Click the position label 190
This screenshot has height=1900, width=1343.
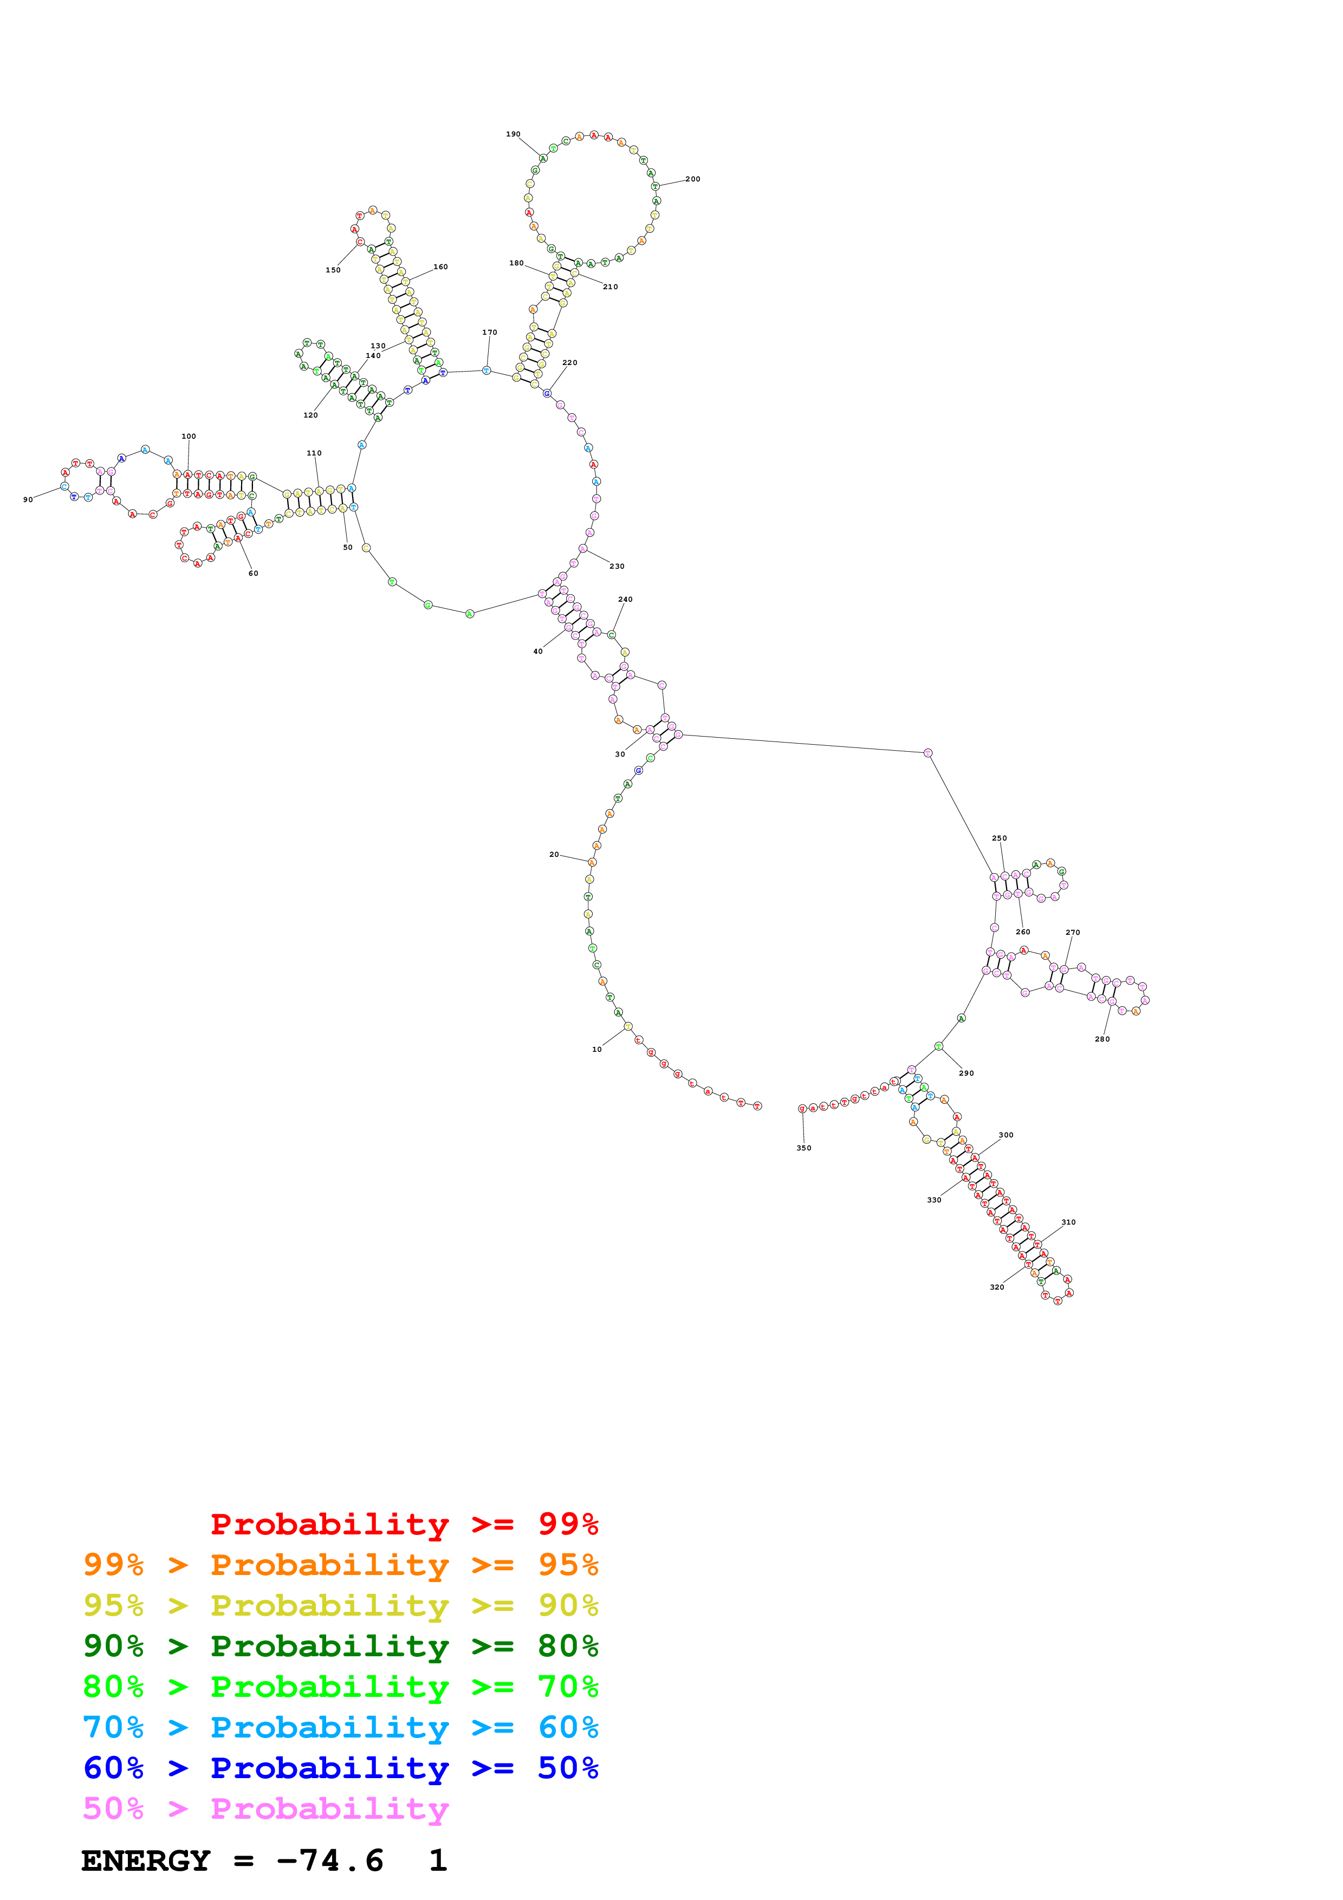coord(513,134)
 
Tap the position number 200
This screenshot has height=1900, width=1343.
coord(692,179)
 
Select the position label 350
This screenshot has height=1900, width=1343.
coord(803,1148)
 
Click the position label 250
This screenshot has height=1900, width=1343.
coord(1000,838)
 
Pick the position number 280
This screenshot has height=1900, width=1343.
coord(1102,1039)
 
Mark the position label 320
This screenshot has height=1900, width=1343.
coord(997,1287)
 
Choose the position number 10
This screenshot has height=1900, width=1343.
coord(596,1049)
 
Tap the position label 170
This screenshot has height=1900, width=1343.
coord(490,333)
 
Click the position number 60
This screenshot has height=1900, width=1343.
coord(253,574)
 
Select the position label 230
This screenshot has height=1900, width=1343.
coord(617,566)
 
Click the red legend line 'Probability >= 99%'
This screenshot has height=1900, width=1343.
coord(404,1524)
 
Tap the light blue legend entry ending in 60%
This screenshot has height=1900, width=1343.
coord(340,1727)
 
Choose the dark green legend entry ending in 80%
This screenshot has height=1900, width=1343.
coord(340,1646)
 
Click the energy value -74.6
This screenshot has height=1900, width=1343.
coord(330,1861)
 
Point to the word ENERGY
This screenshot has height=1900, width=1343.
coord(146,1861)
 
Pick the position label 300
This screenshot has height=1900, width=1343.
coord(1005,1135)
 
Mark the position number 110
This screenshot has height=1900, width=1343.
coord(314,453)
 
